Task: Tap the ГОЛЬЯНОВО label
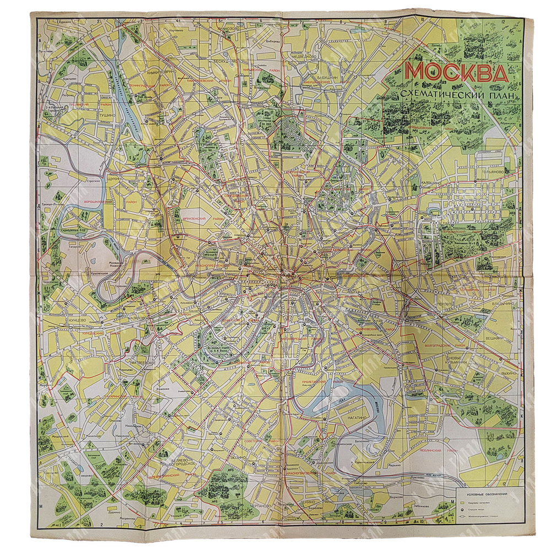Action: [x=491, y=171]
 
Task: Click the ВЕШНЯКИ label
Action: [x=495, y=337]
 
